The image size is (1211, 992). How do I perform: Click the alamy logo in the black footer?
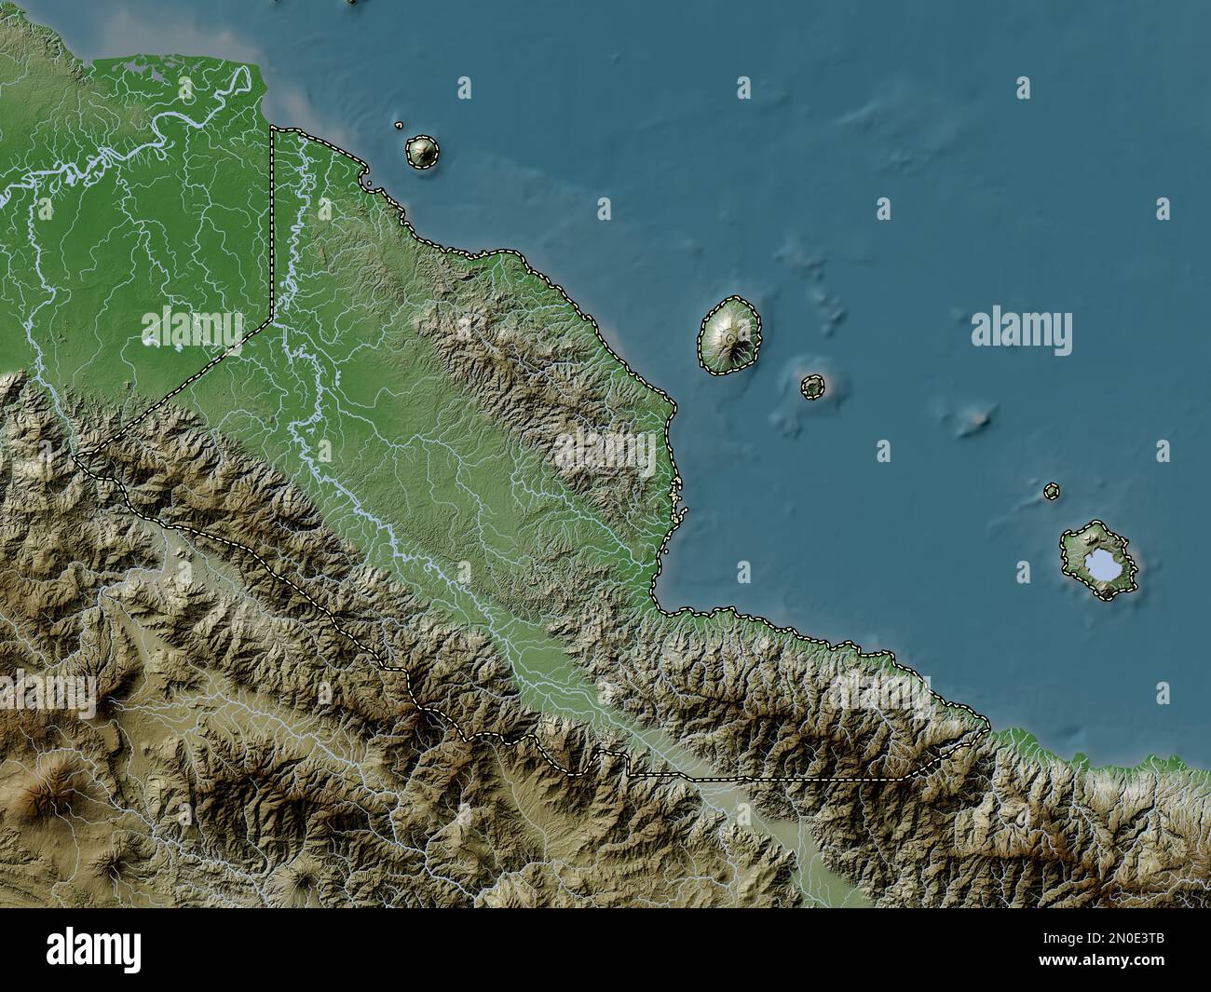(x=94, y=949)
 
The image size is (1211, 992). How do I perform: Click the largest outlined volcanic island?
(x=730, y=336)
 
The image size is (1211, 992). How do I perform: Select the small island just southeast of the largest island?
(x=813, y=386)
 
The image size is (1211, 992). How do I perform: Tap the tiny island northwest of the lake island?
(x=1052, y=490)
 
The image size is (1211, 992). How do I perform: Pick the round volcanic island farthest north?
(x=422, y=152)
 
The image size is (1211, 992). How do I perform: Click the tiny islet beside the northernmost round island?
(x=399, y=125)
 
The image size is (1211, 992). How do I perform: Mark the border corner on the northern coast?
(x=272, y=128)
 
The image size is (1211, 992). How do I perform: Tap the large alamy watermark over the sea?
(x=1021, y=332)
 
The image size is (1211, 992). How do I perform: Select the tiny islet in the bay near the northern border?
(x=370, y=190)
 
